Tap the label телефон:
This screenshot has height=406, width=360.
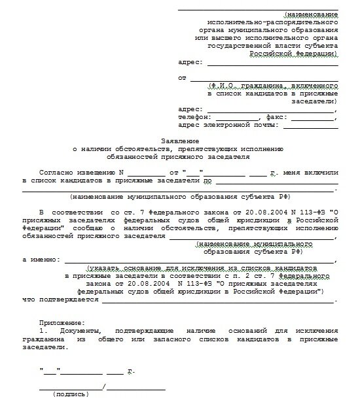coord(194,116)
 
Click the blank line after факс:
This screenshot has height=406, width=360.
coord(312,118)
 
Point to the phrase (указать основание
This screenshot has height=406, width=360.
coord(117,268)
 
